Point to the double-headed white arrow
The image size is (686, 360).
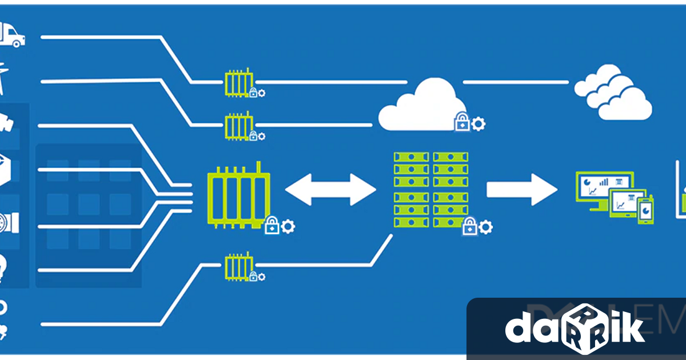click(330, 189)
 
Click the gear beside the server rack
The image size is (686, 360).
click(486, 227)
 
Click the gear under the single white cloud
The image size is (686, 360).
click(478, 123)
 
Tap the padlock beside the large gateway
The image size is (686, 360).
click(273, 226)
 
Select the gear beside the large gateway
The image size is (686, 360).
click(288, 227)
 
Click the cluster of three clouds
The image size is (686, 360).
click(615, 91)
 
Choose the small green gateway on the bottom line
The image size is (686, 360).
click(237, 266)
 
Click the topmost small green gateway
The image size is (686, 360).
click(238, 83)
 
